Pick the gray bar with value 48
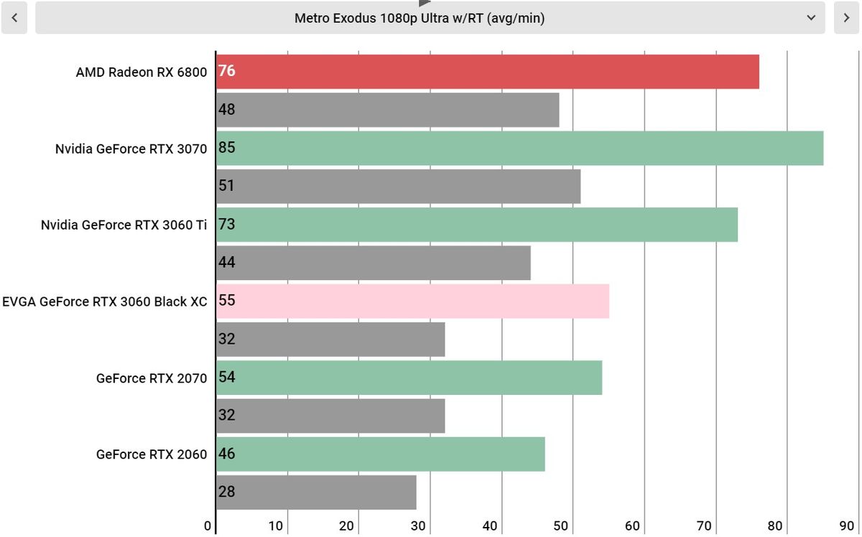(x=388, y=110)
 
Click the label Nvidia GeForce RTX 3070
(x=131, y=149)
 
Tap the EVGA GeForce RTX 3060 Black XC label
(x=105, y=302)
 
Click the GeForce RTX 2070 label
(x=152, y=378)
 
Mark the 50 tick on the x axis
(x=562, y=526)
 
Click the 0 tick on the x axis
(x=208, y=526)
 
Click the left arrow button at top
(x=14, y=18)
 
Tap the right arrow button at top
(x=846, y=18)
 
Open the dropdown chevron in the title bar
(x=811, y=18)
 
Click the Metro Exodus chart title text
(x=420, y=19)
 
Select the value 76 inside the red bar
(x=227, y=71)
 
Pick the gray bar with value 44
(x=374, y=263)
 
